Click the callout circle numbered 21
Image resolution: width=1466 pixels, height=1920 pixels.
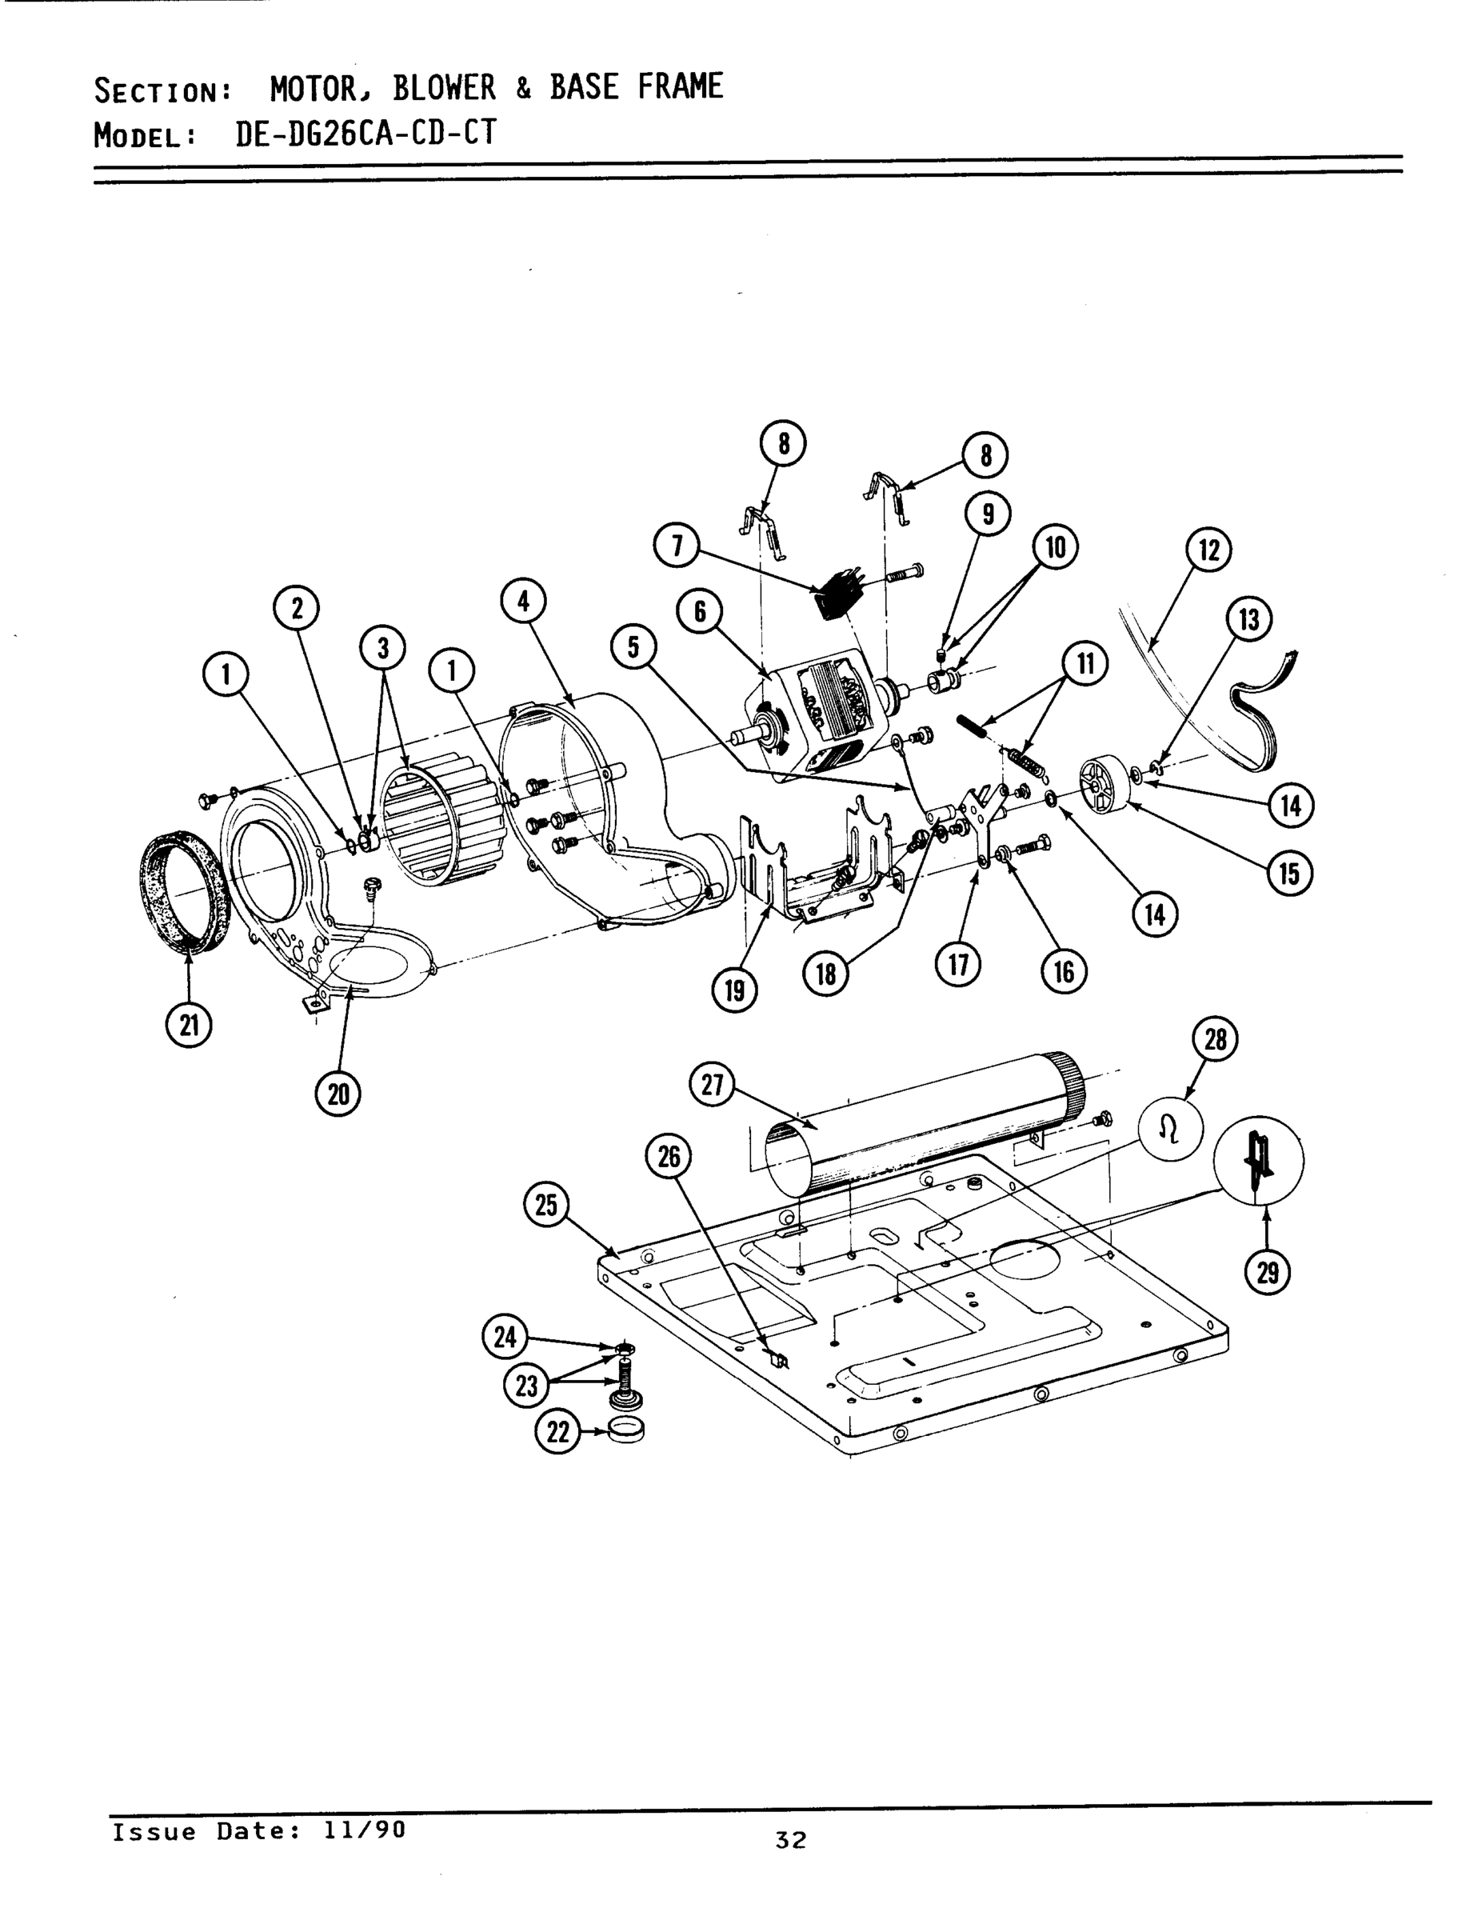(190, 1025)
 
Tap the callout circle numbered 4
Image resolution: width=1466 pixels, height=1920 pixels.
(524, 602)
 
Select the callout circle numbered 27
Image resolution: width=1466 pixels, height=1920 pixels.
(712, 1085)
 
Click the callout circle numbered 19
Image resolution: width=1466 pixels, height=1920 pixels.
(735, 990)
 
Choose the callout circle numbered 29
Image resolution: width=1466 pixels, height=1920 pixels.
(1267, 1274)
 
